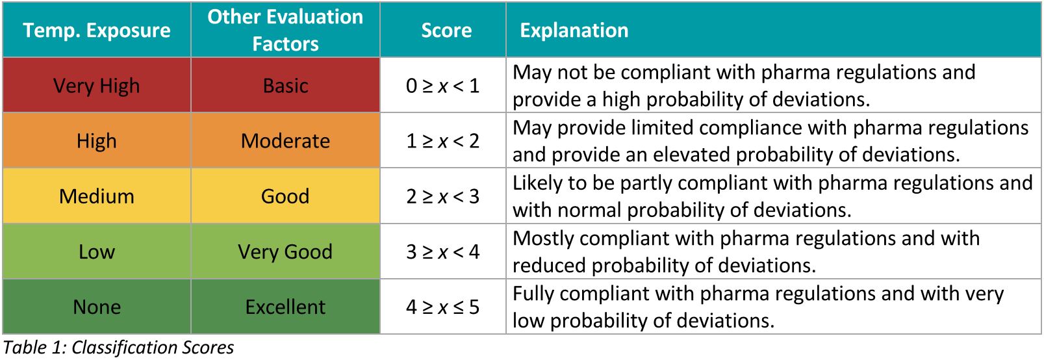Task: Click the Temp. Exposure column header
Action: tap(97, 31)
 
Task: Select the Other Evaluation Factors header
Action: tap(285, 31)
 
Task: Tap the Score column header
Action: tap(446, 31)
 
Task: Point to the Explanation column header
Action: tap(574, 31)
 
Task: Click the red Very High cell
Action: tap(97, 86)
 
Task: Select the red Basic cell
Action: tap(285, 86)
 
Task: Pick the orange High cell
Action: tap(97, 141)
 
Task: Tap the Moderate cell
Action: tap(285, 141)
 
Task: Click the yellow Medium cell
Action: tap(97, 196)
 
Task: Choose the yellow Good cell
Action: tap(285, 196)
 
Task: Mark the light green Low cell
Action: tap(97, 251)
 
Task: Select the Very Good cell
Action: tap(285, 251)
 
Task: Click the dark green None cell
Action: tap(97, 307)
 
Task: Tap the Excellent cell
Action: tap(285, 307)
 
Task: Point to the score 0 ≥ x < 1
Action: tap(442, 86)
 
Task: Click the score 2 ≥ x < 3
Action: tap(442, 196)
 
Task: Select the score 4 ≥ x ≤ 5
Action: tap(442, 307)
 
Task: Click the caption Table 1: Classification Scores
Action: tap(119, 348)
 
